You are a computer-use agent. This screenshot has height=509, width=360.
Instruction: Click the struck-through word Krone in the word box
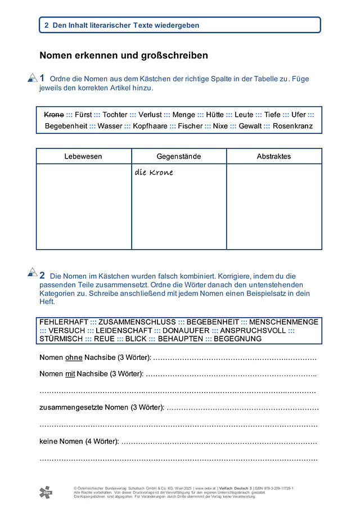coord(54,115)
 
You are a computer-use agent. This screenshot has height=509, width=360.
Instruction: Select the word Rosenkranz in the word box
coord(292,126)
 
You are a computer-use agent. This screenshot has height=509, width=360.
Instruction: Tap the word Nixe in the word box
coord(220,126)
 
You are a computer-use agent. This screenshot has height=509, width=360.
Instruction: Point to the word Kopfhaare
coord(150,126)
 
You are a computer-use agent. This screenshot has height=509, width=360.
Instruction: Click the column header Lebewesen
coord(83,156)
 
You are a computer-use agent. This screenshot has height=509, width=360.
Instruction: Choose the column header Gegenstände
coord(179,156)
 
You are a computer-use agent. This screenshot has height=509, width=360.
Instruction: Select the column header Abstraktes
coord(274,156)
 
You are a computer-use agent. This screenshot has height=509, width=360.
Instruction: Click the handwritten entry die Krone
coord(154,173)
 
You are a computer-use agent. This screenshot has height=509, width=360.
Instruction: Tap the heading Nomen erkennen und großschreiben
coord(124,56)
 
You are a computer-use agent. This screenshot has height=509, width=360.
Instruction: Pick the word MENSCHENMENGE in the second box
coord(284,322)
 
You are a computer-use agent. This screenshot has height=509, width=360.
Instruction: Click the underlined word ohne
coord(74,358)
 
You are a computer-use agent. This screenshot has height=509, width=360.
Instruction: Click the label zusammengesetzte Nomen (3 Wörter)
coord(102,407)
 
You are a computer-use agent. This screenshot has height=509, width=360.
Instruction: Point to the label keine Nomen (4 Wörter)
coord(79,442)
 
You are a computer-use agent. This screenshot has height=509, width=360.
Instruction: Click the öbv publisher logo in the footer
coord(46,492)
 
